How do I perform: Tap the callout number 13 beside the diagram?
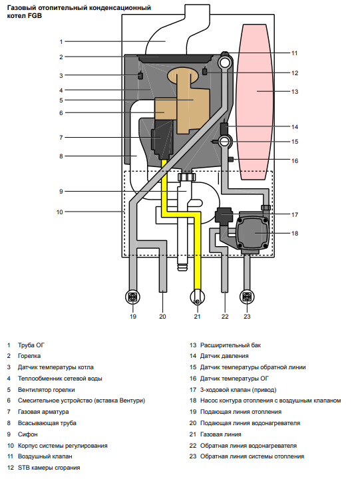295,92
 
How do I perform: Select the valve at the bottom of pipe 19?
133,297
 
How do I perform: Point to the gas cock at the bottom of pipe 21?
198,297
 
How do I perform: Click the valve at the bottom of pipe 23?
247,297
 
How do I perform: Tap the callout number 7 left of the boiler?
61,138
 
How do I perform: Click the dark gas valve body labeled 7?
162,139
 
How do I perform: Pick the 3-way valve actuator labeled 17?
224,215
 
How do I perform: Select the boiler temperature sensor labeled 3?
140,75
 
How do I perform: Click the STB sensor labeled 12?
205,71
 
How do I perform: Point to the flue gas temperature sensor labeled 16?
231,159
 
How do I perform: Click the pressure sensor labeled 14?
224,128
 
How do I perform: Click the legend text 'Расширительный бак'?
230,345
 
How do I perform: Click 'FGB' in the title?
35,16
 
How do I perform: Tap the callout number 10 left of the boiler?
60,212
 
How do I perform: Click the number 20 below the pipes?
162,317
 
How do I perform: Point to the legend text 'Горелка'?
29,356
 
